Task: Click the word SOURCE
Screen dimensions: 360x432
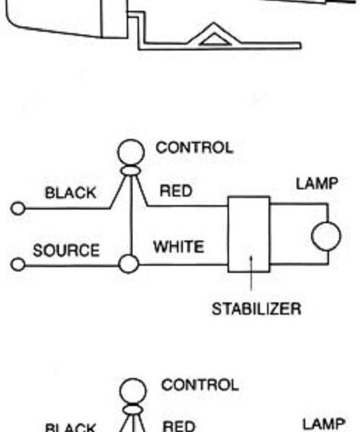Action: pyautogui.click(x=66, y=250)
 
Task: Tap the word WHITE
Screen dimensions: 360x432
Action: pyautogui.click(x=179, y=246)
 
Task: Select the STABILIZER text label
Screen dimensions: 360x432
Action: pyautogui.click(x=256, y=309)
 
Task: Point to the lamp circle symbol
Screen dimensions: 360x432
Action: pyautogui.click(x=326, y=236)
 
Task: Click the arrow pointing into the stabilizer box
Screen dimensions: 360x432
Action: pyautogui.click(x=251, y=274)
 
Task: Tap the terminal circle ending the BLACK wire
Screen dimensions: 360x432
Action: pyautogui.click(x=18, y=208)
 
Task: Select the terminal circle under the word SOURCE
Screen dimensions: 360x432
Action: pyautogui.click(x=18, y=264)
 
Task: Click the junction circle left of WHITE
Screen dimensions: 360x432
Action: pyautogui.click(x=129, y=264)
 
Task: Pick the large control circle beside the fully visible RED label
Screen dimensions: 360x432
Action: pyautogui.click(x=131, y=152)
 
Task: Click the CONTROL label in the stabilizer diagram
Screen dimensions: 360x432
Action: pyautogui.click(x=194, y=148)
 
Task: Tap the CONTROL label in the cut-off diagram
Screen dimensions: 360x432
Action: pyautogui.click(x=200, y=385)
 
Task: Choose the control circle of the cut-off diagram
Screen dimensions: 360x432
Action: pyautogui.click(x=132, y=391)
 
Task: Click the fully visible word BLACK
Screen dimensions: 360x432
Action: pyautogui.click(x=71, y=192)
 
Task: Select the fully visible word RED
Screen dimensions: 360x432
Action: pyautogui.click(x=176, y=191)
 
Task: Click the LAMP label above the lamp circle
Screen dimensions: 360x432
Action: pyautogui.click(x=317, y=184)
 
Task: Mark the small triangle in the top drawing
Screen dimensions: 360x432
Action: pyautogui.click(x=215, y=40)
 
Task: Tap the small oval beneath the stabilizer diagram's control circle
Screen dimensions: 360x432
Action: pyautogui.click(x=130, y=171)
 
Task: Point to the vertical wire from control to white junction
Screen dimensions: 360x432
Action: pyautogui.click(x=131, y=215)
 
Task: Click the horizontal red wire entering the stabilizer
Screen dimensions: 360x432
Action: pyautogui.click(x=188, y=205)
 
